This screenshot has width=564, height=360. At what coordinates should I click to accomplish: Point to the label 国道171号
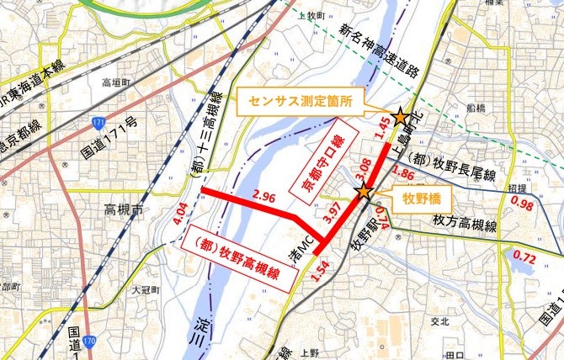109,141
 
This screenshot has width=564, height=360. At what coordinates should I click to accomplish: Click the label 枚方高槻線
466,226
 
